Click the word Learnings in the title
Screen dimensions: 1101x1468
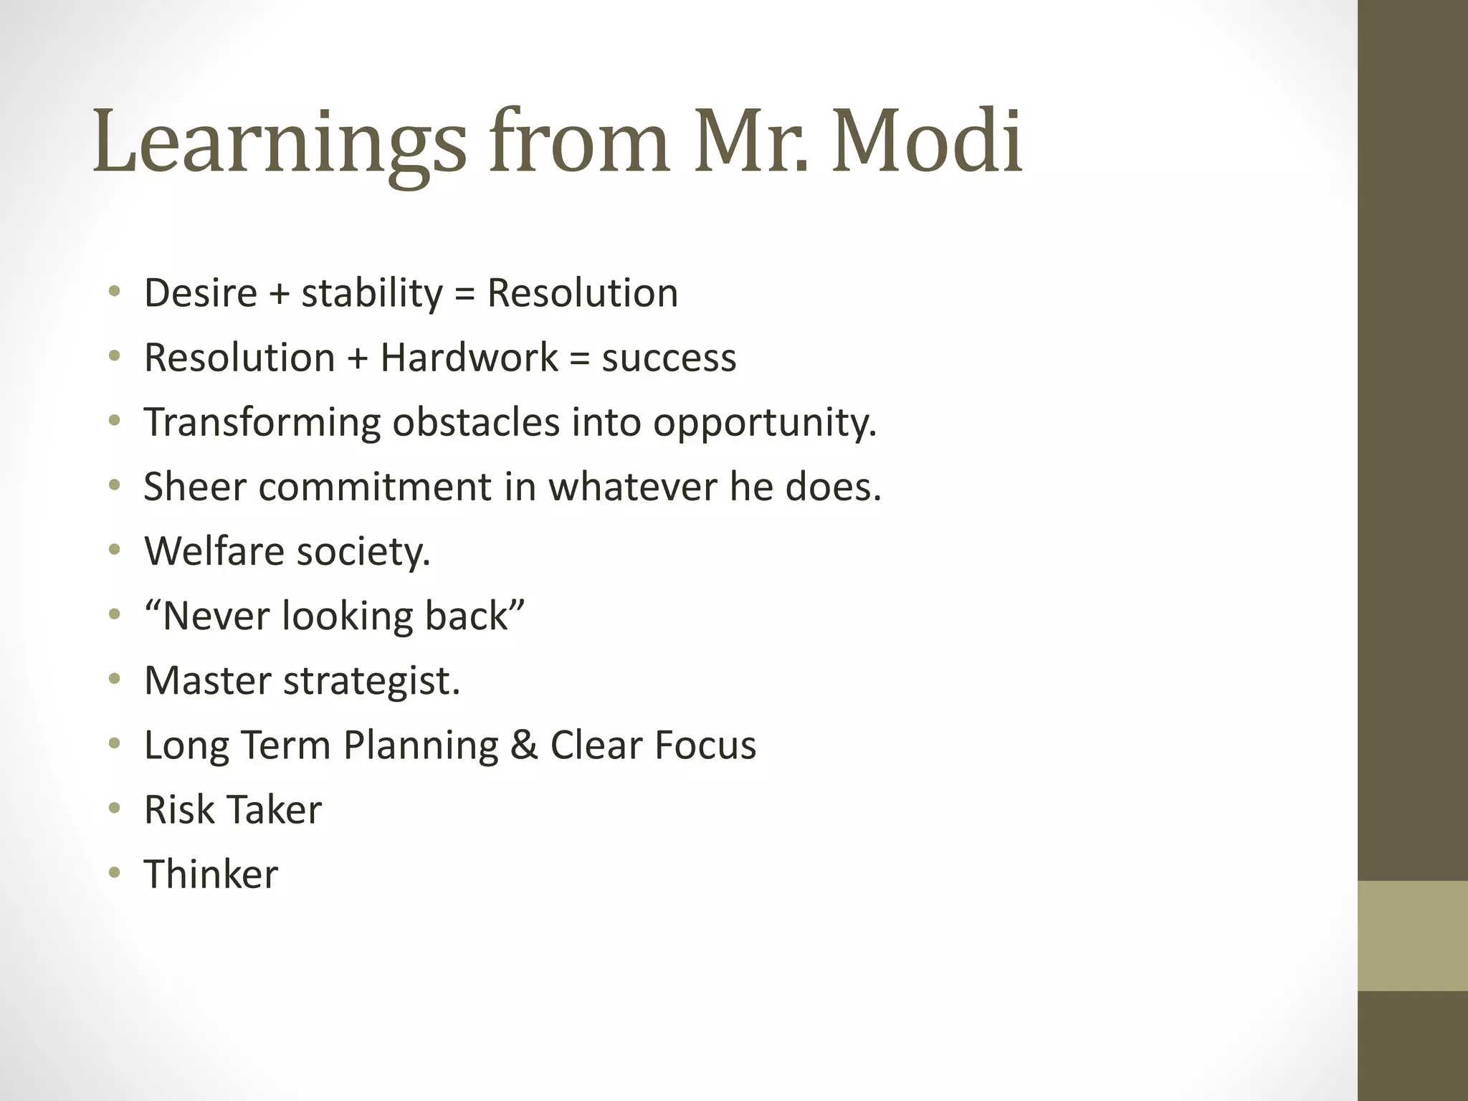click(x=280, y=142)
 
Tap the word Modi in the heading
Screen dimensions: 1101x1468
click(x=927, y=142)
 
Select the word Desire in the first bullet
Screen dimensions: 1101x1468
click(x=201, y=293)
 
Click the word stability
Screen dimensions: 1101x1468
click(x=372, y=293)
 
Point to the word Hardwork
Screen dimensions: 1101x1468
click(x=469, y=358)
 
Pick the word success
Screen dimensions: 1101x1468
click(x=669, y=358)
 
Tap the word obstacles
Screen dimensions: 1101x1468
click(x=476, y=422)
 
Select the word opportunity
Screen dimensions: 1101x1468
click(x=765, y=422)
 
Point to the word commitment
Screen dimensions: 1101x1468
click(x=375, y=487)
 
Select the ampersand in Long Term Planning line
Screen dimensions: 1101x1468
click(x=524, y=745)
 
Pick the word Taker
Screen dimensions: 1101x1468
click(x=277, y=809)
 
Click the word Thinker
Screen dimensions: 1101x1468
click(x=211, y=874)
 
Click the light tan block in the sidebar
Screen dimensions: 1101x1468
click(x=1412, y=935)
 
